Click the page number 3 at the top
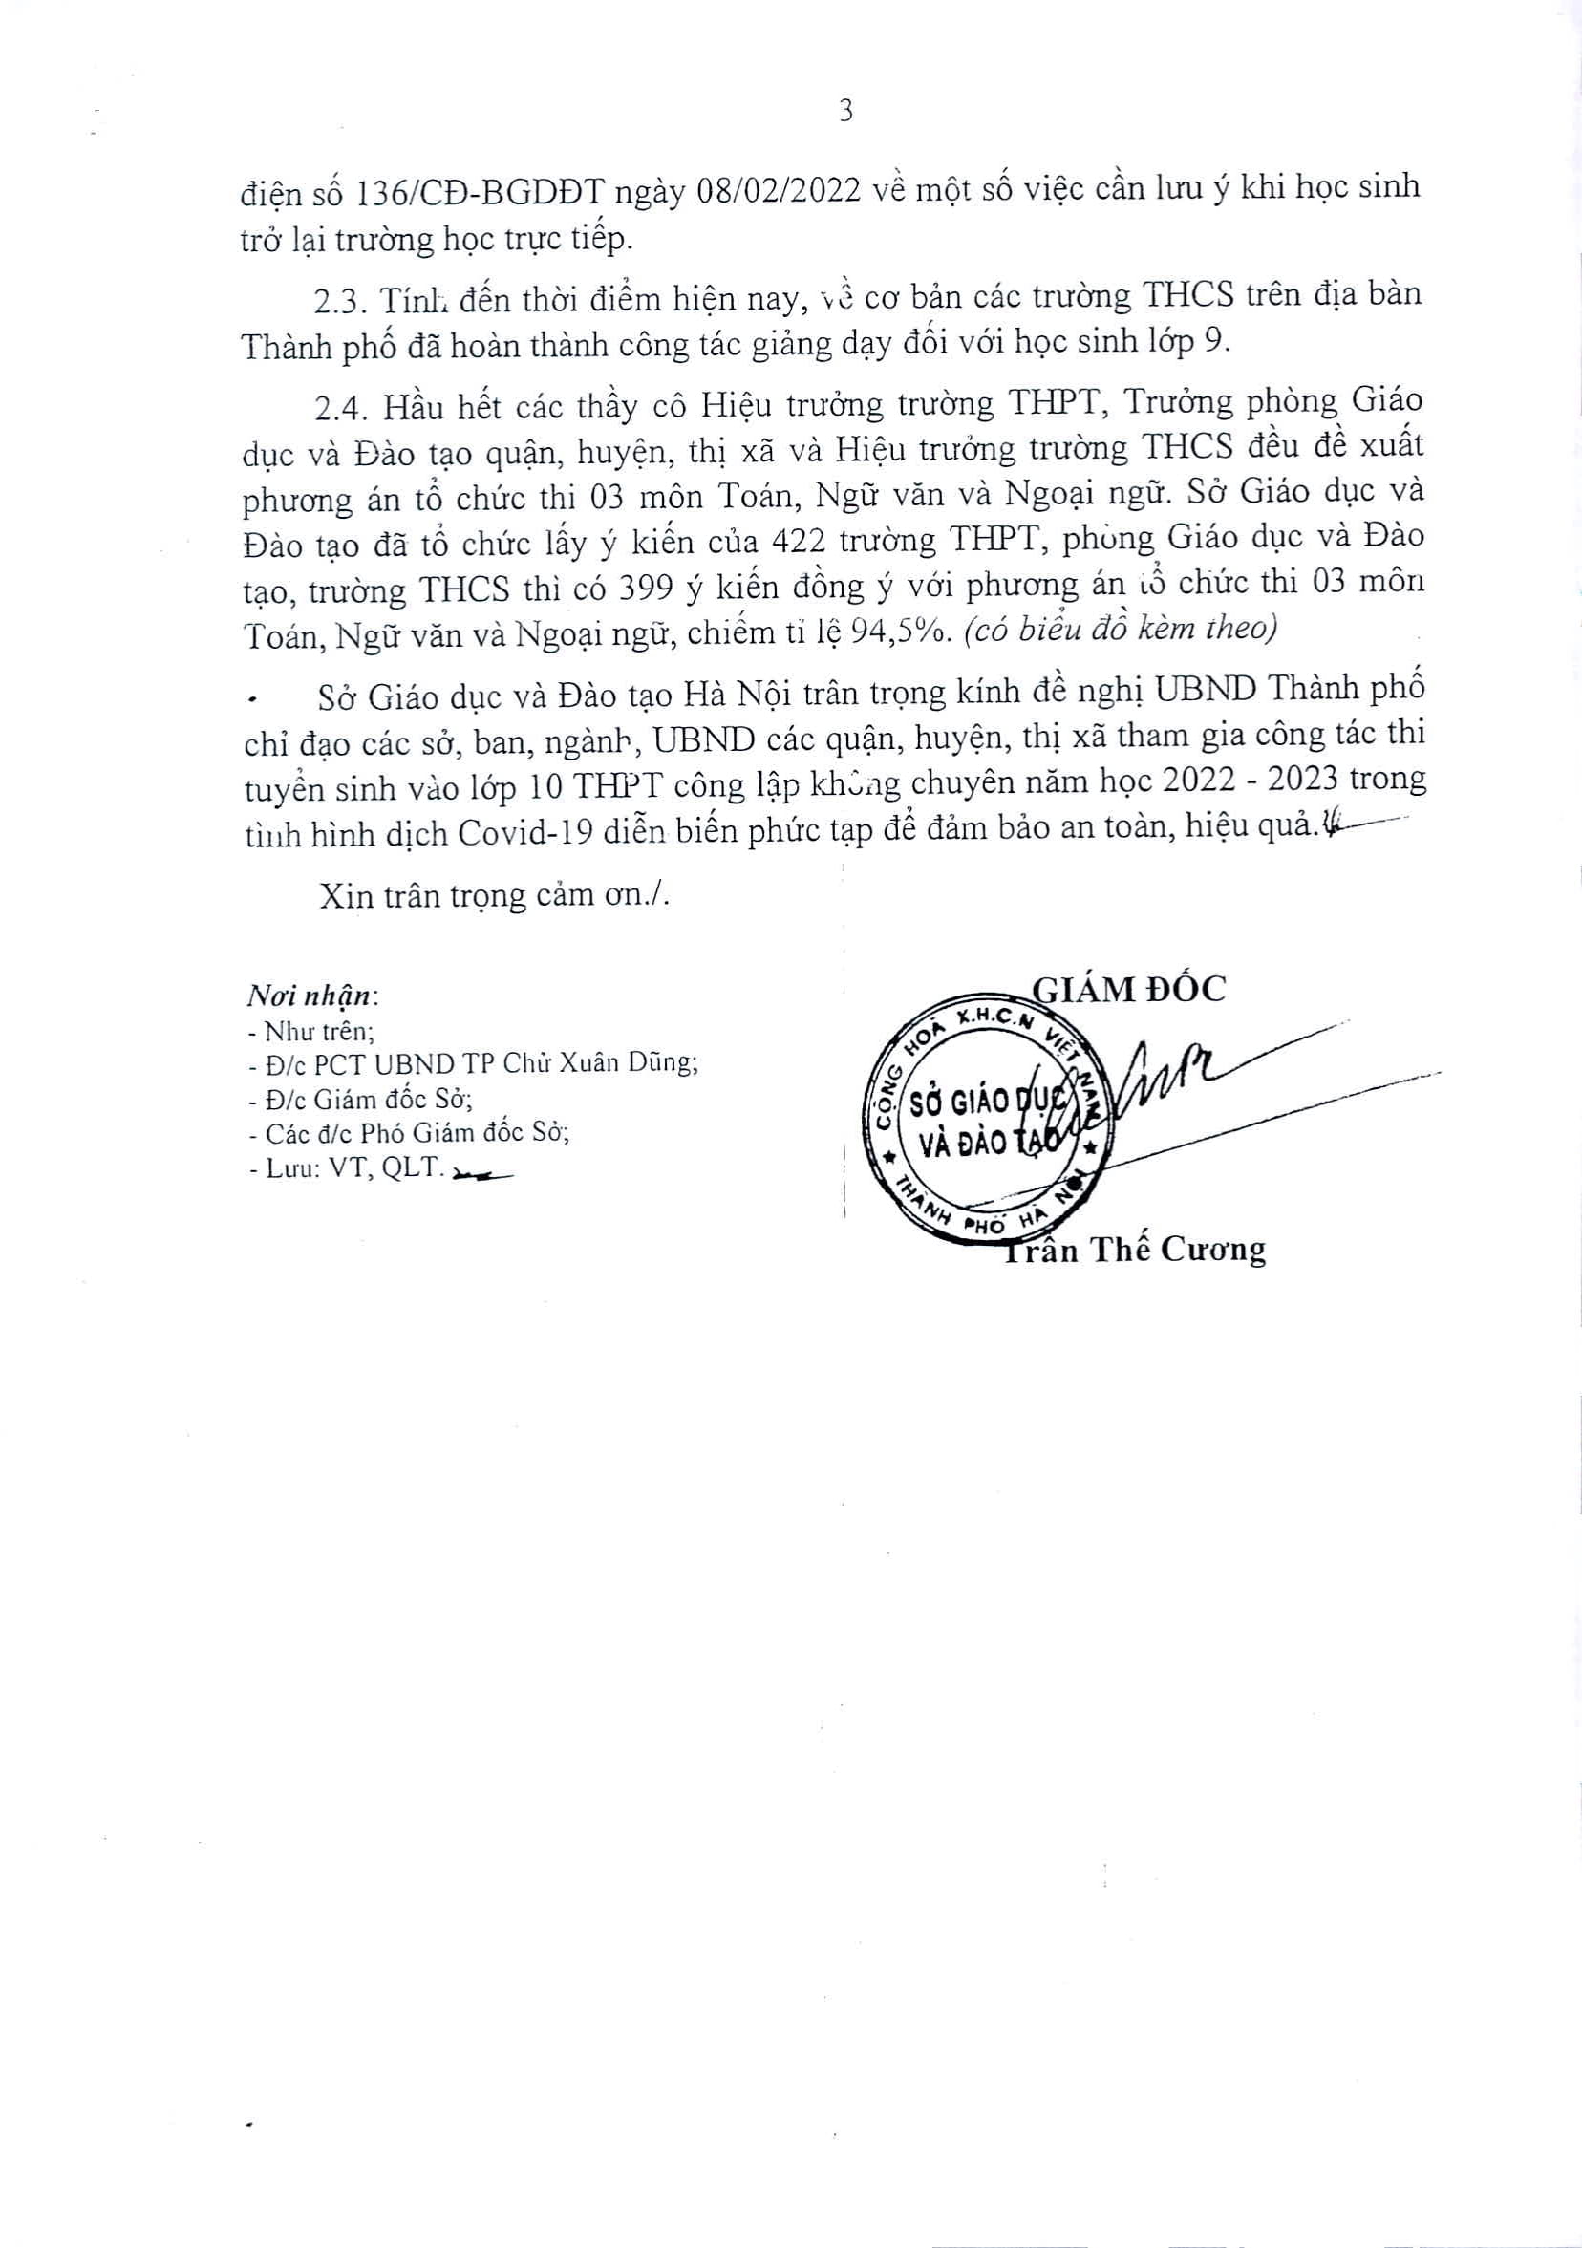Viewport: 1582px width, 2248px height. coord(845,112)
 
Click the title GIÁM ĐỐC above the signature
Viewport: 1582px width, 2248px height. coord(1129,989)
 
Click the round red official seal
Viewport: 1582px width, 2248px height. coord(991,1121)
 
